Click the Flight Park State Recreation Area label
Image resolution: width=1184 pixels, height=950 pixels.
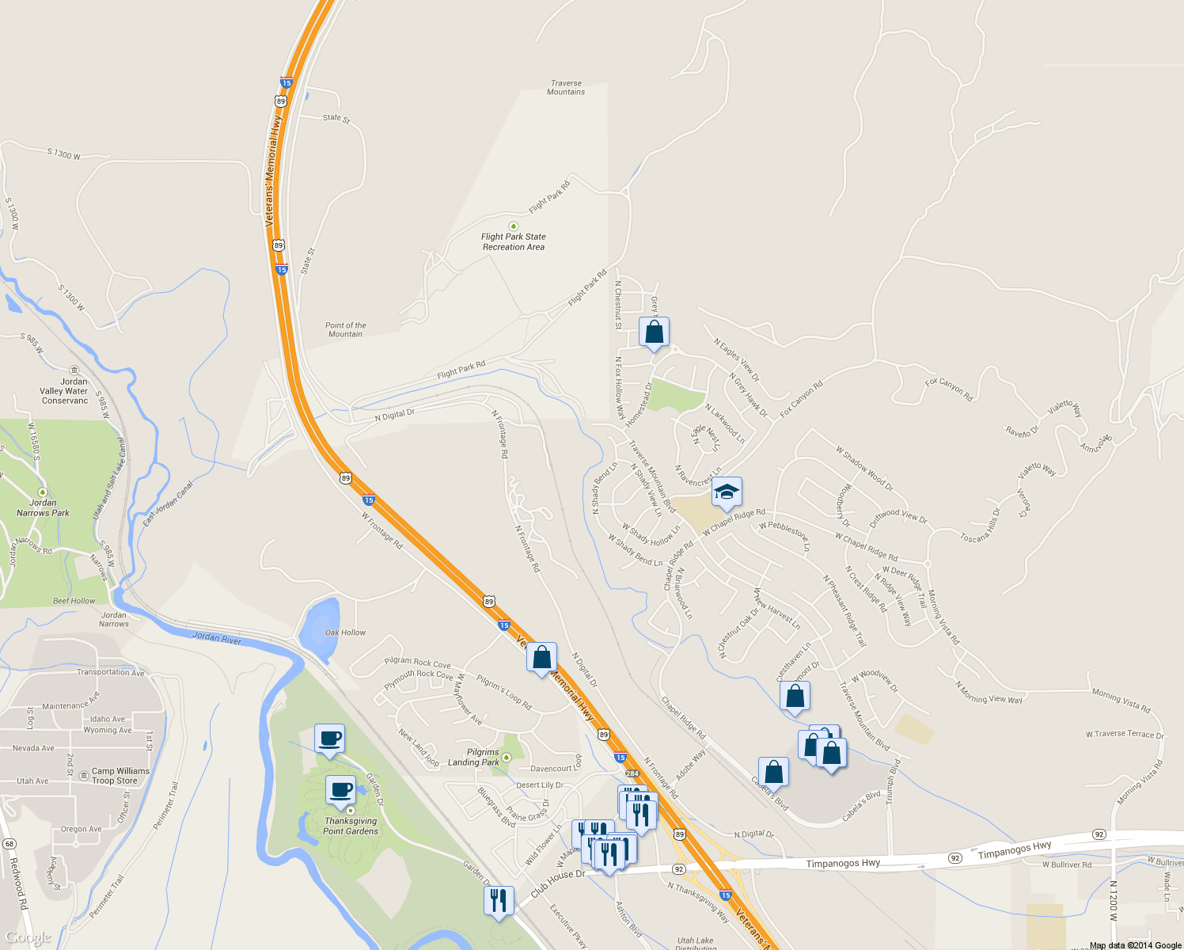pos(514,241)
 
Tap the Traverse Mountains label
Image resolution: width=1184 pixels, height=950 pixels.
pos(566,87)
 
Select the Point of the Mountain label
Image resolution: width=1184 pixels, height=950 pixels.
pos(345,329)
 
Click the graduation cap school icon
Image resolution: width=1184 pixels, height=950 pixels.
pos(727,493)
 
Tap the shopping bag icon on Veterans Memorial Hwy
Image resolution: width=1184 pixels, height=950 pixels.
pos(541,658)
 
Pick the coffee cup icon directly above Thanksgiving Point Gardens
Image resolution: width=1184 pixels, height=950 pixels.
pos(341,790)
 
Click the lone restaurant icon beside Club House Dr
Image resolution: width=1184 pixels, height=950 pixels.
pos(498,902)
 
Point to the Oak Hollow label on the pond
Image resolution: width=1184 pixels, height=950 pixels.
pos(345,633)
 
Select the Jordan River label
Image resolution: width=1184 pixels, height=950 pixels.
pos(217,638)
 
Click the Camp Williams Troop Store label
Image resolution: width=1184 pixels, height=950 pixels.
pos(120,776)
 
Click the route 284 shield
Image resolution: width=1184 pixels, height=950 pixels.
pos(632,773)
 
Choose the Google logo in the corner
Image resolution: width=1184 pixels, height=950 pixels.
pos(28,938)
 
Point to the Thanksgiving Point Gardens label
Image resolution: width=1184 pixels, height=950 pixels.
pos(351,826)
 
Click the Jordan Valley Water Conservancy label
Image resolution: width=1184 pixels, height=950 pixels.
pos(65,391)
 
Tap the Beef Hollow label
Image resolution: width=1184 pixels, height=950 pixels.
pos(74,601)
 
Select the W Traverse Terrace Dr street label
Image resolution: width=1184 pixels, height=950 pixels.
pos(1125,735)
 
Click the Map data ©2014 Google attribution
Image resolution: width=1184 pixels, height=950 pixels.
pos(1135,945)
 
